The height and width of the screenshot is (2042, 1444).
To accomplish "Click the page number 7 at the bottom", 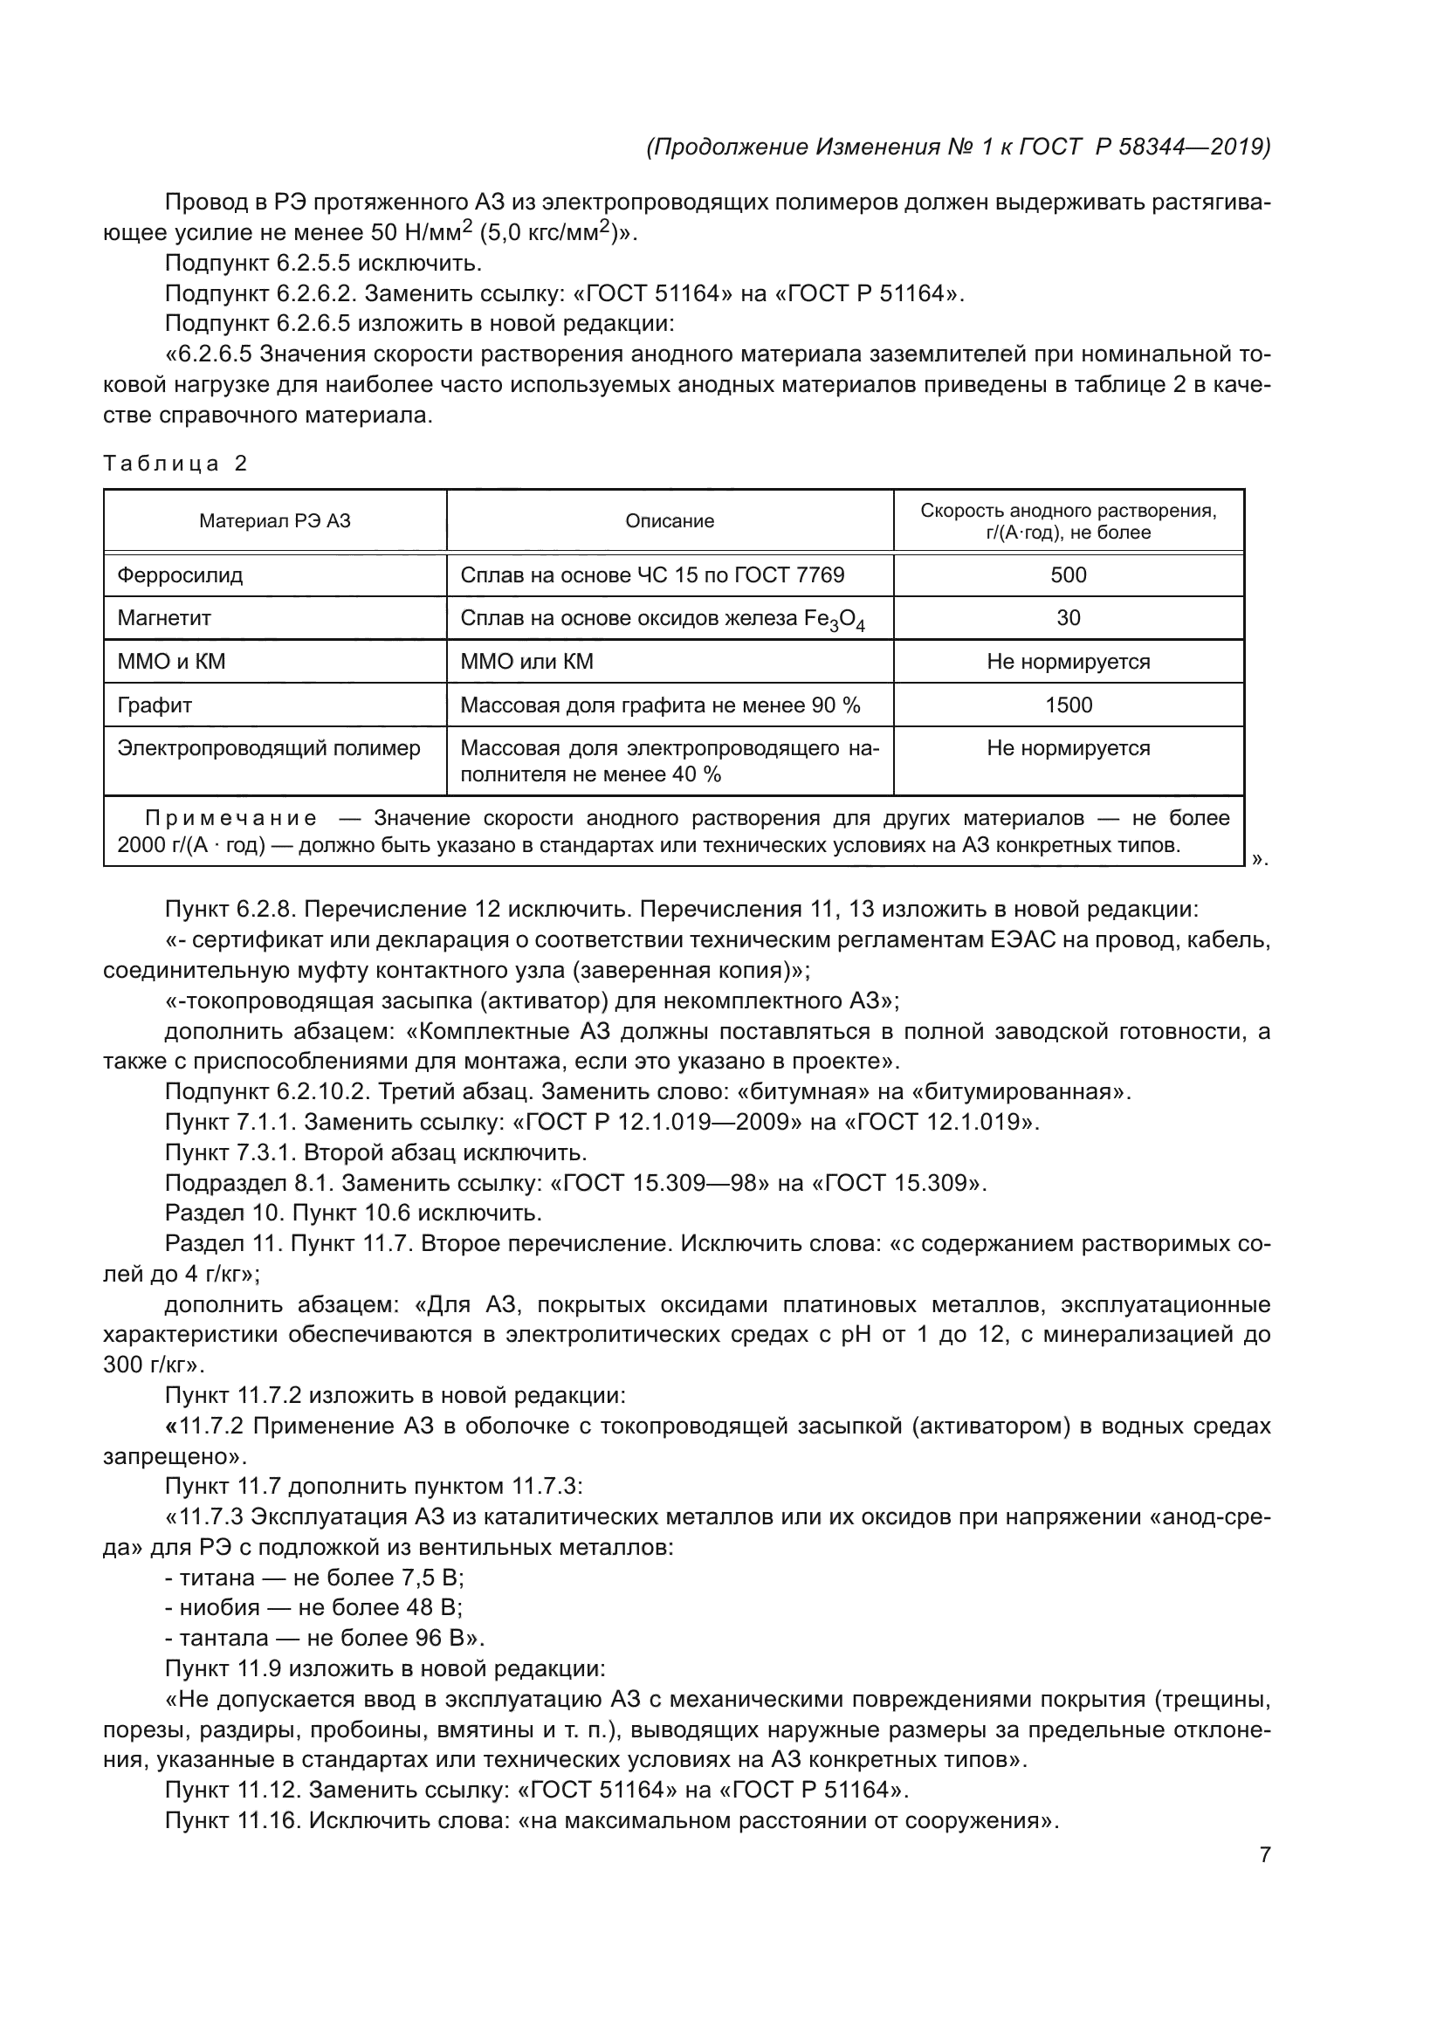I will pyautogui.click(x=1264, y=1854).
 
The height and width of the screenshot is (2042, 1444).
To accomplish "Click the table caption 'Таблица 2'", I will pyautogui.click(x=175, y=464).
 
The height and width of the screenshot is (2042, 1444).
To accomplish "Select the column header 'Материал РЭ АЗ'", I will pyautogui.click(x=275, y=521).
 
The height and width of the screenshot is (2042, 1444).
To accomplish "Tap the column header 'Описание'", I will pyautogui.click(x=670, y=521).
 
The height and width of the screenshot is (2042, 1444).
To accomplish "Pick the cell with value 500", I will pyautogui.click(x=1068, y=574).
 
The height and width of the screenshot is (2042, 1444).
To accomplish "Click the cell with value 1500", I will pyautogui.click(x=1068, y=705).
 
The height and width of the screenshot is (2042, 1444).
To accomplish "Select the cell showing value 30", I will pyautogui.click(x=1068, y=618).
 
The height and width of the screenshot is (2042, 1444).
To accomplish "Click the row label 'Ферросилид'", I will pyautogui.click(x=181, y=574).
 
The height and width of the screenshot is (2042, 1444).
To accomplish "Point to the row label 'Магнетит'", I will pyautogui.click(x=164, y=618).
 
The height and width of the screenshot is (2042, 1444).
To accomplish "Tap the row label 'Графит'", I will pyautogui.click(x=155, y=705).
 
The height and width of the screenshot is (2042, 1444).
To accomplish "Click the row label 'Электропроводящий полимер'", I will pyautogui.click(x=269, y=748).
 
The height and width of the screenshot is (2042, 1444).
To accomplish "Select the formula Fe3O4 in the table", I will pyautogui.click(x=834, y=620).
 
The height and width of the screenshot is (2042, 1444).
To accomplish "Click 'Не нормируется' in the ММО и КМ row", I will pyautogui.click(x=1068, y=662).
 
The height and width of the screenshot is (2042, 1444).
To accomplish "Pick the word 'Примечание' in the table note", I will pyautogui.click(x=231, y=818).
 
